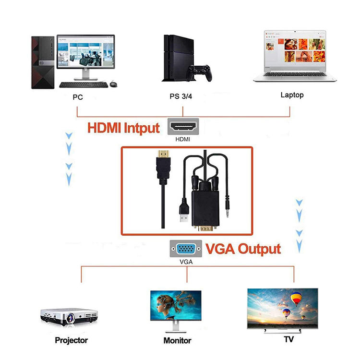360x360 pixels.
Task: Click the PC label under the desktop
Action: pyautogui.click(x=78, y=97)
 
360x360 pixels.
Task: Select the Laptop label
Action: pyautogui.click(x=292, y=95)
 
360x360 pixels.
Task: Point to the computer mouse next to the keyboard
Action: pyautogui.click(x=113, y=84)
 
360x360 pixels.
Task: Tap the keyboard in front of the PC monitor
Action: pyautogui.click(x=84, y=85)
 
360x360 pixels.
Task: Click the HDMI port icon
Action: pyautogui.click(x=183, y=127)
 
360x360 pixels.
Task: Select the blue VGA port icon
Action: pyautogui.click(x=183, y=250)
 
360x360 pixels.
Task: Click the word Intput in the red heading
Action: pyautogui.click(x=142, y=128)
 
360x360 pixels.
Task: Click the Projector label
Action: pyautogui.click(x=71, y=340)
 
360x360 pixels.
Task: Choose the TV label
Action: pyautogui.click(x=289, y=339)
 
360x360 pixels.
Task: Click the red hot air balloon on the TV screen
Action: pyautogui.click(x=296, y=300)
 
